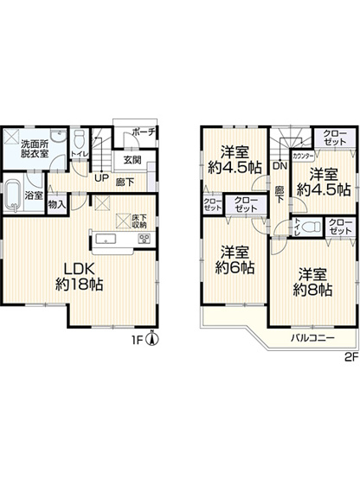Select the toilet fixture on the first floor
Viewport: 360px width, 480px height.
tap(78, 139)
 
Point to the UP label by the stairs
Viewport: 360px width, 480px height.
tap(100, 178)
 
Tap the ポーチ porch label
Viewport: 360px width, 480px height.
tap(144, 132)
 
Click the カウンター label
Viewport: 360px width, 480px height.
tap(304, 156)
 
